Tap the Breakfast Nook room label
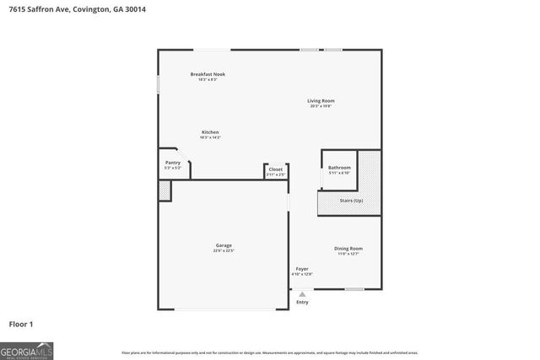click(207, 74)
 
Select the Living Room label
click(321, 100)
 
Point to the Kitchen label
click(210, 132)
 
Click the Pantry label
click(172, 163)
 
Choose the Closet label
click(276, 169)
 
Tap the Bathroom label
click(339, 168)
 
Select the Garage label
click(224, 245)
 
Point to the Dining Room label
click(348, 248)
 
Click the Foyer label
click(301, 269)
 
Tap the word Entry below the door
click(302, 302)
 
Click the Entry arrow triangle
click(302, 294)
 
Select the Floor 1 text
click(21, 323)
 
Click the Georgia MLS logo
click(27, 350)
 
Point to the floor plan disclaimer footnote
click(270, 352)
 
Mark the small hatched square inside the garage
click(165, 191)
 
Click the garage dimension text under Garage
click(224, 250)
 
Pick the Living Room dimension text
click(321, 106)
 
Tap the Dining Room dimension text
click(348, 253)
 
